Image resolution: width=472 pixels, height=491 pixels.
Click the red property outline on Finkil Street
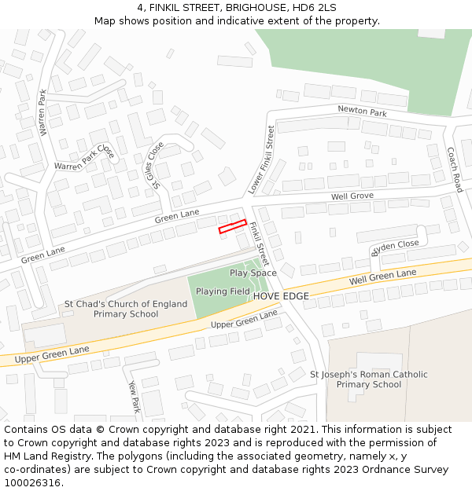(x=232, y=226)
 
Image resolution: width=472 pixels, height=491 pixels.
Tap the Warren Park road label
(x=43, y=112)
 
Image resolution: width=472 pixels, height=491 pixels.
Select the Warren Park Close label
(x=84, y=156)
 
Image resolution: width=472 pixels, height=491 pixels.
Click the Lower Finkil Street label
(x=261, y=159)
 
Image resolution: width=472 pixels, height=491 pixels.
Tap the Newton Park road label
(x=362, y=112)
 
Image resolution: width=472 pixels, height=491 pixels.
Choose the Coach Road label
(x=454, y=170)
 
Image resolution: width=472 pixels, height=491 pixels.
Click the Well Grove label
(x=352, y=196)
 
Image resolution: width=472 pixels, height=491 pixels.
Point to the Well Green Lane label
(x=383, y=277)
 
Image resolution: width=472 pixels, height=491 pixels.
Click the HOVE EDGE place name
(x=281, y=296)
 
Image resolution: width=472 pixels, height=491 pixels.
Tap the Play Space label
(x=253, y=273)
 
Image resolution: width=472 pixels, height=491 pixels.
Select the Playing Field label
(x=223, y=291)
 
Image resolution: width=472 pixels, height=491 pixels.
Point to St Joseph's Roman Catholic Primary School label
(x=369, y=379)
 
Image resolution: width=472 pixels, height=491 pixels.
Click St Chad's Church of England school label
(x=115, y=309)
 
